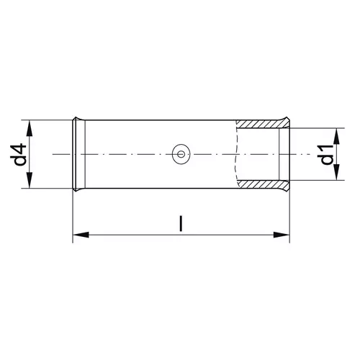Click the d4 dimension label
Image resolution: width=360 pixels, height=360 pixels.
click(x=19, y=155)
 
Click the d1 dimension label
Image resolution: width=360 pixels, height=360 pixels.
click(x=327, y=154)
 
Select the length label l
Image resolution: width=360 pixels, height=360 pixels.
click(x=181, y=224)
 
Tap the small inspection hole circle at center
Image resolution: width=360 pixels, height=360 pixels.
click(x=181, y=154)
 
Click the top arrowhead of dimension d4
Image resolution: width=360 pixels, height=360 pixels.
click(x=30, y=128)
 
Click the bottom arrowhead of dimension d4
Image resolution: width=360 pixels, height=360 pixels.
click(x=30, y=180)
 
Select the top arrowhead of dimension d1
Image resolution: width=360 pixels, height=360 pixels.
click(x=337, y=136)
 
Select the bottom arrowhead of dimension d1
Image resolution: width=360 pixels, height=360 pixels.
click(x=337, y=172)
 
